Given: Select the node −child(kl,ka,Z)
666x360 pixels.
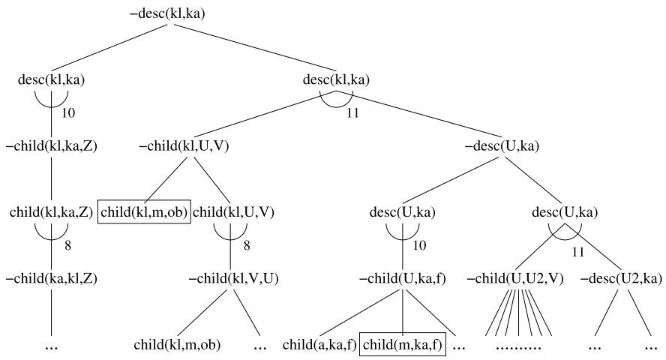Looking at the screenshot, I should [x=50, y=145].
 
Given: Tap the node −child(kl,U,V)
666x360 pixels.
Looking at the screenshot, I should [x=184, y=145].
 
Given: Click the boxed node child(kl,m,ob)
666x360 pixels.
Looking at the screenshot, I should [x=144, y=212].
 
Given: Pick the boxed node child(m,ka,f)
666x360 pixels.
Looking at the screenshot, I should [x=402, y=346].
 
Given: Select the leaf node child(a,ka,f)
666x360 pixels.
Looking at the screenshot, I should [x=319, y=346].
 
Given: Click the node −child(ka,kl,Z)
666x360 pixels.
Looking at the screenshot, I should [x=50, y=279].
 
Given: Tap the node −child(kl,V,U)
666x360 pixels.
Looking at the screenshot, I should [x=233, y=279].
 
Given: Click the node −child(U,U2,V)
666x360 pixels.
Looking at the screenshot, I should [x=516, y=279].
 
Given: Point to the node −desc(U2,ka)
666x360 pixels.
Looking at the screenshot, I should [x=621, y=279].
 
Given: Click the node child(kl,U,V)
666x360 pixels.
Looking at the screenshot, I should [x=234, y=212].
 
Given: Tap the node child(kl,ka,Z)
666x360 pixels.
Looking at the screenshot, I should [x=51, y=212].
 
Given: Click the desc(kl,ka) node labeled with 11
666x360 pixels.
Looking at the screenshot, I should [x=336, y=79].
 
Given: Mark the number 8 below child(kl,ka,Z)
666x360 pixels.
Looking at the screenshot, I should [x=76, y=244].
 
